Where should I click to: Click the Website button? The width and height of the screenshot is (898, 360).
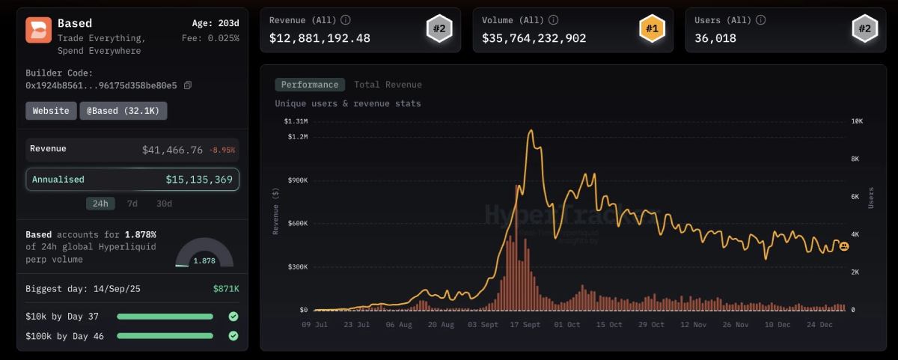[51, 111]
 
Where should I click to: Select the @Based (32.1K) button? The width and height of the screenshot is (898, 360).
[123, 111]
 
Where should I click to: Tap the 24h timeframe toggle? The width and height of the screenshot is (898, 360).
[100, 204]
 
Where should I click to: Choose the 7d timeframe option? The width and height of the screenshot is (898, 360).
[132, 204]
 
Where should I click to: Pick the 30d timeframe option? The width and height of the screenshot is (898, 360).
[164, 204]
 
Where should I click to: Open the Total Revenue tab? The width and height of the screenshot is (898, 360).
[388, 85]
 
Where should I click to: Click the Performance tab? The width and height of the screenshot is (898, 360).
[310, 85]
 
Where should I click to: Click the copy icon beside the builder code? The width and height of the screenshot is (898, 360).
[188, 85]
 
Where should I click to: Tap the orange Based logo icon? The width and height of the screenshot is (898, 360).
[38, 30]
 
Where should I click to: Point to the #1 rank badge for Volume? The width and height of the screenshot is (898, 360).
[653, 30]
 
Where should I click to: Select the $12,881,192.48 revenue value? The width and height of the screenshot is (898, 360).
[320, 38]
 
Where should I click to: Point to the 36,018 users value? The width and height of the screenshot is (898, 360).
[715, 38]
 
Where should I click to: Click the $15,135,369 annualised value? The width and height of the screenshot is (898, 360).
[199, 180]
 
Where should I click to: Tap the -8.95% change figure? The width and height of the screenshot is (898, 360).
[222, 150]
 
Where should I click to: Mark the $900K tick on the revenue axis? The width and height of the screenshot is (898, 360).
[298, 180]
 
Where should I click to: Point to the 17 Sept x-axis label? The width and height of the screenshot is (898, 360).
[525, 325]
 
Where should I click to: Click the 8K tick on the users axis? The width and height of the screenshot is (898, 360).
[855, 159]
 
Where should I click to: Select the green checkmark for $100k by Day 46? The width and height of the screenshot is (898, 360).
[233, 336]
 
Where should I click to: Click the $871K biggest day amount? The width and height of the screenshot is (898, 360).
[226, 288]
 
